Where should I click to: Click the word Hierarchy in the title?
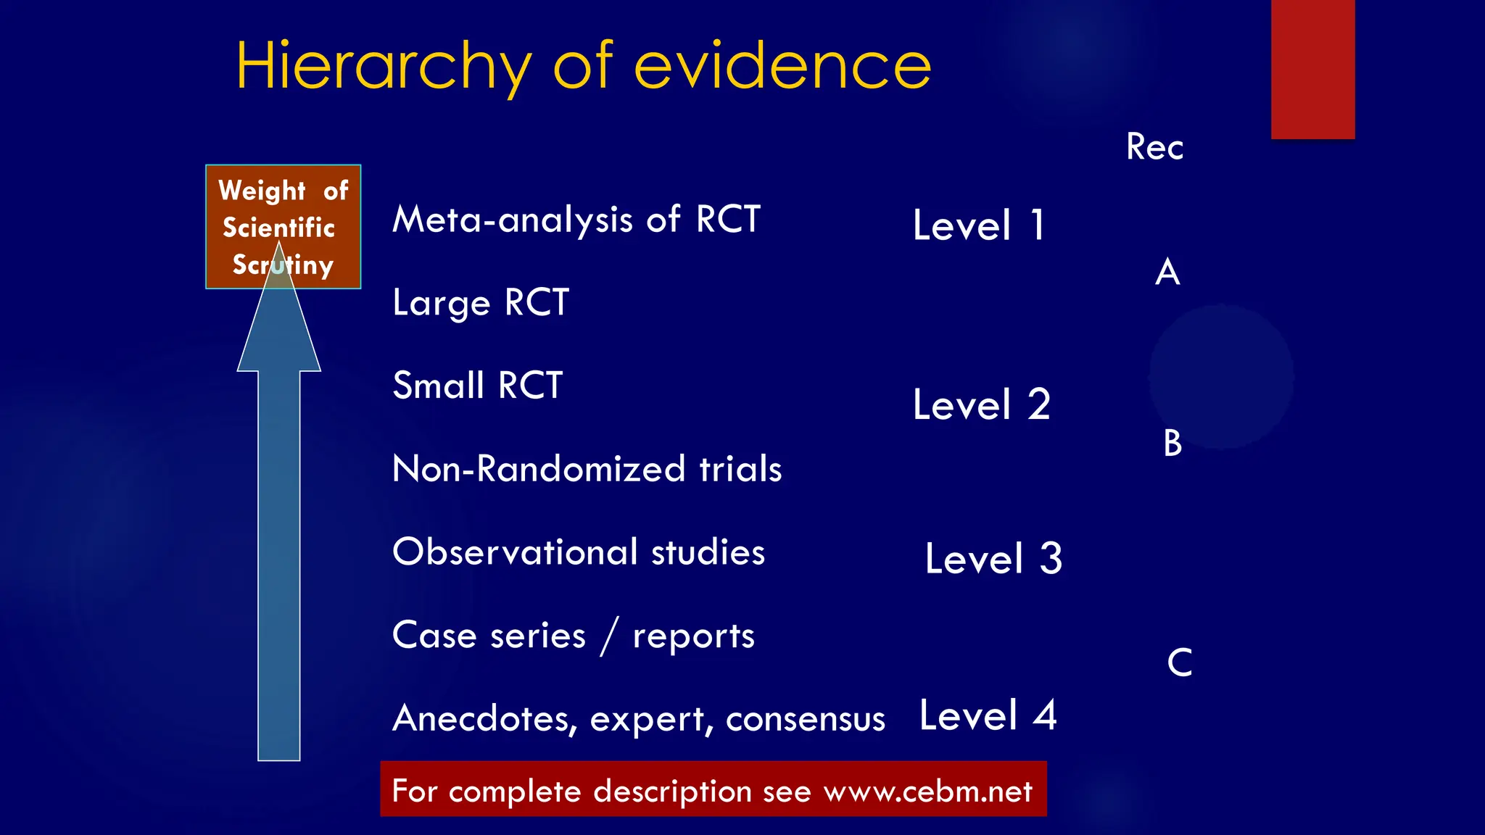pyautogui.click(x=383, y=67)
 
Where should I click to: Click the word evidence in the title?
pyautogui.click(x=782, y=67)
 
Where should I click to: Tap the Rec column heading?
pyautogui.click(x=1154, y=147)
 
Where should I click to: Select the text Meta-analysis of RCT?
pyautogui.click(x=576, y=220)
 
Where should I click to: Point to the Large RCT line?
pyautogui.click(x=481, y=303)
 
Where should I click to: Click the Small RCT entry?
pyautogui.click(x=477, y=386)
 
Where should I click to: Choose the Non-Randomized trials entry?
pyautogui.click(x=587, y=469)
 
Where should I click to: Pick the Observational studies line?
pyautogui.click(x=578, y=552)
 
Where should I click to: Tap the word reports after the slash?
pyautogui.click(x=693, y=636)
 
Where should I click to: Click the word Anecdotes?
pyautogui.click(x=484, y=718)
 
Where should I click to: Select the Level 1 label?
pyautogui.click(x=978, y=225)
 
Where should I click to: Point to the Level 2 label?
pyautogui.click(x=981, y=404)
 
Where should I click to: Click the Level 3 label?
pyautogui.click(x=993, y=559)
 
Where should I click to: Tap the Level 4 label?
pyautogui.click(x=988, y=716)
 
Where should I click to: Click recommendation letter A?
pyautogui.click(x=1167, y=273)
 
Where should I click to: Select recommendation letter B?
pyautogui.click(x=1172, y=443)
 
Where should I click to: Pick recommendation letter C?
pyautogui.click(x=1180, y=662)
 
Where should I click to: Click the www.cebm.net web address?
pyautogui.click(x=927, y=791)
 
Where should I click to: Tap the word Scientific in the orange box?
pyautogui.click(x=278, y=228)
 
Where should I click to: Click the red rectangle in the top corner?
pyautogui.click(x=1312, y=69)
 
